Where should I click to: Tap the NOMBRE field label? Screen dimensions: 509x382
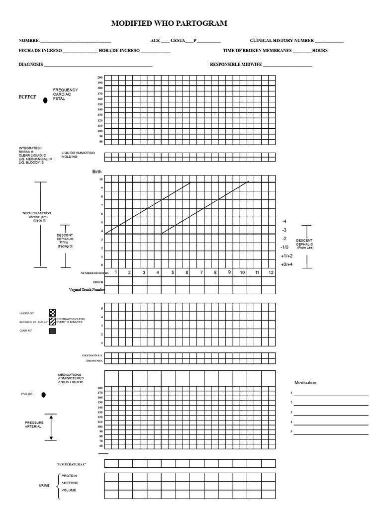(x=28, y=41)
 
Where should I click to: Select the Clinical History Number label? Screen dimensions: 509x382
(x=282, y=41)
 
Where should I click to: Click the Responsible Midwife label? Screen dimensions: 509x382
(x=236, y=65)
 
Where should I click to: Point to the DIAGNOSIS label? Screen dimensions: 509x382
(x=31, y=65)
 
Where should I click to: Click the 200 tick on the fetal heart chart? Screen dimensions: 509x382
(x=100, y=78)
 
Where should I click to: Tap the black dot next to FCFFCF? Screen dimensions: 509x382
(x=45, y=100)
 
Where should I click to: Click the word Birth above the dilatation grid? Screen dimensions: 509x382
(x=97, y=171)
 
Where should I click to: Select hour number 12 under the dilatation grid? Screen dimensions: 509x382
(x=271, y=272)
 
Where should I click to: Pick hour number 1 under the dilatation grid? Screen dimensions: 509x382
(x=116, y=272)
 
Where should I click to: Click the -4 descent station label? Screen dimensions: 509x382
(x=284, y=221)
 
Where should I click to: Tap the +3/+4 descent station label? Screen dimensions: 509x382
(x=286, y=264)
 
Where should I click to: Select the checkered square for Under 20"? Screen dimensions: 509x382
(x=52, y=313)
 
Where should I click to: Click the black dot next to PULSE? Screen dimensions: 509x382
(x=44, y=395)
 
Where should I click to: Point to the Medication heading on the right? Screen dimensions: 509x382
(x=305, y=383)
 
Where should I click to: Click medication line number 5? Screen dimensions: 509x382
(x=331, y=433)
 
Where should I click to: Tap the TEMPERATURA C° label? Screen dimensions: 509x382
(x=72, y=464)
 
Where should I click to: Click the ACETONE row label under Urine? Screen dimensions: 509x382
(x=70, y=483)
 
